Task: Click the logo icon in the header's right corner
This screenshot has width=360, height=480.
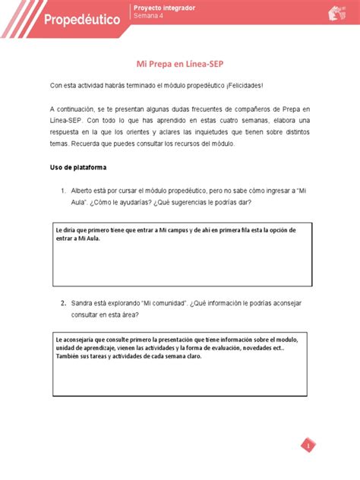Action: (x=334, y=13)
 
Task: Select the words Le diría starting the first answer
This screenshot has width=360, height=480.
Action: (x=68, y=229)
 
